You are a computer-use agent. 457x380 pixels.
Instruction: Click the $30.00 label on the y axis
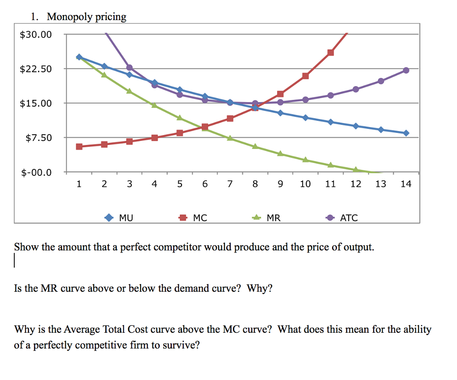coord(36,34)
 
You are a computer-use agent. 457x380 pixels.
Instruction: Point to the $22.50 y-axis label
coord(36,69)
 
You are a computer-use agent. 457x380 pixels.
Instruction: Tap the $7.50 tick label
coord(38,138)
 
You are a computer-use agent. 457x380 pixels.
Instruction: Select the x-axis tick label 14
coord(406,184)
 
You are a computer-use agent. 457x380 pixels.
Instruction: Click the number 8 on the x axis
coord(255,184)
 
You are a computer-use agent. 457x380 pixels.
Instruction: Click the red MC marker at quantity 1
coord(79,146)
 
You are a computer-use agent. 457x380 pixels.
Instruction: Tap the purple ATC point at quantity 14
coord(406,70)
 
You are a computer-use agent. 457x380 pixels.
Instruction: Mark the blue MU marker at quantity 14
coord(406,133)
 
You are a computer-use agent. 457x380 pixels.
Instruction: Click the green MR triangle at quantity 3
coord(129,91)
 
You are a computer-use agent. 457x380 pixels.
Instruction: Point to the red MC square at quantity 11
coord(330,53)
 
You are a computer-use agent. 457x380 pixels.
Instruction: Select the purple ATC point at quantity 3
coord(129,67)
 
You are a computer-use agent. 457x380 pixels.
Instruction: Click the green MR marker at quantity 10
coord(305,160)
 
